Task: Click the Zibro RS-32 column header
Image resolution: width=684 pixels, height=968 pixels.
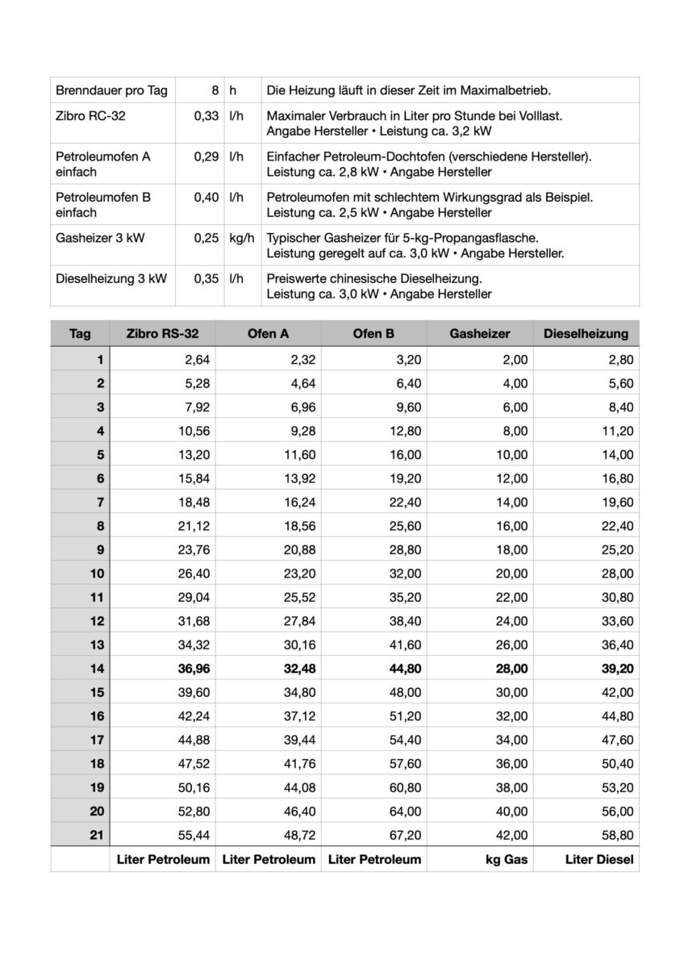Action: pyautogui.click(x=162, y=333)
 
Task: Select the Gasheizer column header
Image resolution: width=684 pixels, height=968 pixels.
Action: pyautogui.click(x=481, y=333)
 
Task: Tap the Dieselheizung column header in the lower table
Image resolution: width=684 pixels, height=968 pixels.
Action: pyautogui.click(x=586, y=333)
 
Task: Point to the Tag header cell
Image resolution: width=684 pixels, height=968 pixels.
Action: pyautogui.click(x=80, y=333)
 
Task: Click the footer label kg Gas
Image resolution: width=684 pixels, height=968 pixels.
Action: pyautogui.click(x=506, y=859)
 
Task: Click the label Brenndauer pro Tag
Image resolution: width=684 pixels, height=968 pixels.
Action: pyautogui.click(x=111, y=90)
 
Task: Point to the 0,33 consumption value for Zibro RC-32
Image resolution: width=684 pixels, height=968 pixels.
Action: pyautogui.click(x=206, y=116)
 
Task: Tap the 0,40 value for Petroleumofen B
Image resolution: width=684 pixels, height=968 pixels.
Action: pyautogui.click(x=206, y=197)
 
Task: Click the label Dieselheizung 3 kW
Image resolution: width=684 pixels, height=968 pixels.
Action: pyautogui.click(x=111, y=279)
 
